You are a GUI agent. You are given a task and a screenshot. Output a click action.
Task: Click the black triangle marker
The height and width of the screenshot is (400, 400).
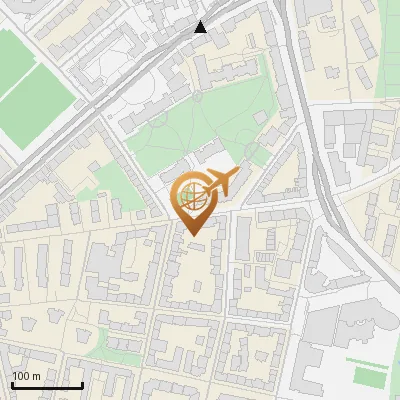click(201, 27)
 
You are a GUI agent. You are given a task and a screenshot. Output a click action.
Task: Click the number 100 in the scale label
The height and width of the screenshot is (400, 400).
click(20, 376)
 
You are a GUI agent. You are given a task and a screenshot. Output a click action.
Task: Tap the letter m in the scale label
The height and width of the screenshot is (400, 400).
click(35, 376)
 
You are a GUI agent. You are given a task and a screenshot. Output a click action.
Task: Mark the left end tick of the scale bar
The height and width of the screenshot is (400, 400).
click(12, 384)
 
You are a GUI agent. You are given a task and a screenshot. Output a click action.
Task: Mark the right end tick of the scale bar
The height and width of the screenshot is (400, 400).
click(82, 384)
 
